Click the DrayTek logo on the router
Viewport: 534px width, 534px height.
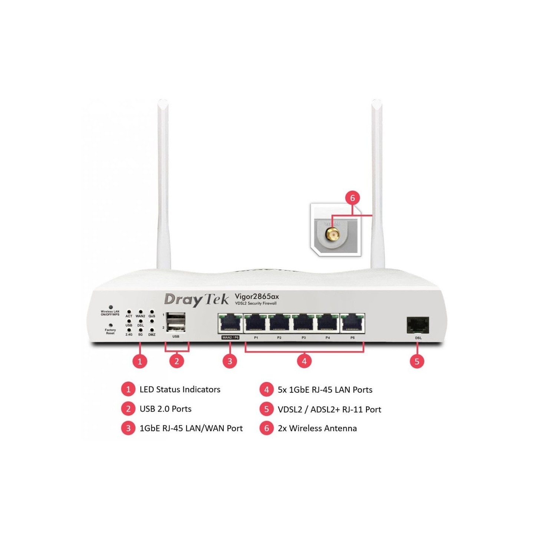pos(196,300)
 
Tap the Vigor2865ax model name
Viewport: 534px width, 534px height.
pos(257,296)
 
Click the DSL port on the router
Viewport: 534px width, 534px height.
pos(418,325)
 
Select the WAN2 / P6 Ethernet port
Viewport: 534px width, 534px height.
pos(230,324)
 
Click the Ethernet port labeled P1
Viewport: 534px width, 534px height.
pos(256,324)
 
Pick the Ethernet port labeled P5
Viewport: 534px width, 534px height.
pos(352,324)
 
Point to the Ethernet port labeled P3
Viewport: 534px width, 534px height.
pos(303,324)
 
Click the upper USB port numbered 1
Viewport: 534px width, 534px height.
pos(176,318)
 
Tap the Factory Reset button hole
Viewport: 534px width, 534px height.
pos(111,325)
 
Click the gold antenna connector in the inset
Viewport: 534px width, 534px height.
pos(332,234)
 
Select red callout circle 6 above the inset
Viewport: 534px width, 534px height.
pos(352,198)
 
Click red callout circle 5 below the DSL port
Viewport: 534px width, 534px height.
pos(417,361)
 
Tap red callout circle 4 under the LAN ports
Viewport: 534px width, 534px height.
pos(304,361)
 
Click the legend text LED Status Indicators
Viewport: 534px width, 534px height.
pos(180,389)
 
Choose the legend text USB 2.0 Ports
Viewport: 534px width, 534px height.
pos(165,409)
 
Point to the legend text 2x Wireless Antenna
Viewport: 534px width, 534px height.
pos(317,428)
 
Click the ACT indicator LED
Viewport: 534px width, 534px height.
pos(129,312)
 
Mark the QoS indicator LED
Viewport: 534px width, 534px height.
pos(152,312)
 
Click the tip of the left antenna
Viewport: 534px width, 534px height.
pos(163,102)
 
